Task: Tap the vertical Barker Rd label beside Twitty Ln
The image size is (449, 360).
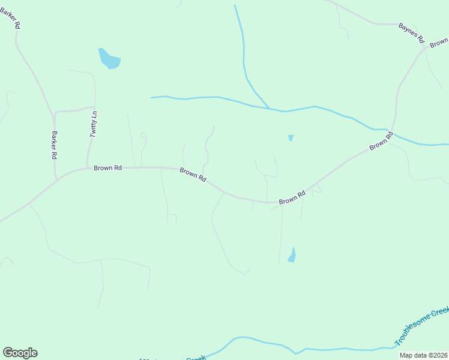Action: pos(54,145)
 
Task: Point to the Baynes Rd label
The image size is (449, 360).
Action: pos(412,33)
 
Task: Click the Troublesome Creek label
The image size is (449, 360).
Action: pos(421,326)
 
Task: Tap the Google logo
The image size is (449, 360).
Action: pos(20,353)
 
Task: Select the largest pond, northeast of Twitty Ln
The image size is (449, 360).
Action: pos(109,59)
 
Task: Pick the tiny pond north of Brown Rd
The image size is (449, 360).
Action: pos(291,137)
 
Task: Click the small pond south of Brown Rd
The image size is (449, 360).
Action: pos(292,255)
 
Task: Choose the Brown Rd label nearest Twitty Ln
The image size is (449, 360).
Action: pos(107,168)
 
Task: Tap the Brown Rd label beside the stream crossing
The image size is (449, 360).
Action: pos(381,142)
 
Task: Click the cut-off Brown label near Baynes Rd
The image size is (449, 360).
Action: pos(439,43)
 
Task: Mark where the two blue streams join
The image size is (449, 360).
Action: pos(269,109)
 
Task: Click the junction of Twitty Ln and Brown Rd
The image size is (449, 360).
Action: pos(88,168)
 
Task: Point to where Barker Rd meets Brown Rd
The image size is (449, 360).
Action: pos(56,179)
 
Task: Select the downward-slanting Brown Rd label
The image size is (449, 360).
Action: pos(193,175)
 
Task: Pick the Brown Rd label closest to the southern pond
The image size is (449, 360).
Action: pos(292,197)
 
